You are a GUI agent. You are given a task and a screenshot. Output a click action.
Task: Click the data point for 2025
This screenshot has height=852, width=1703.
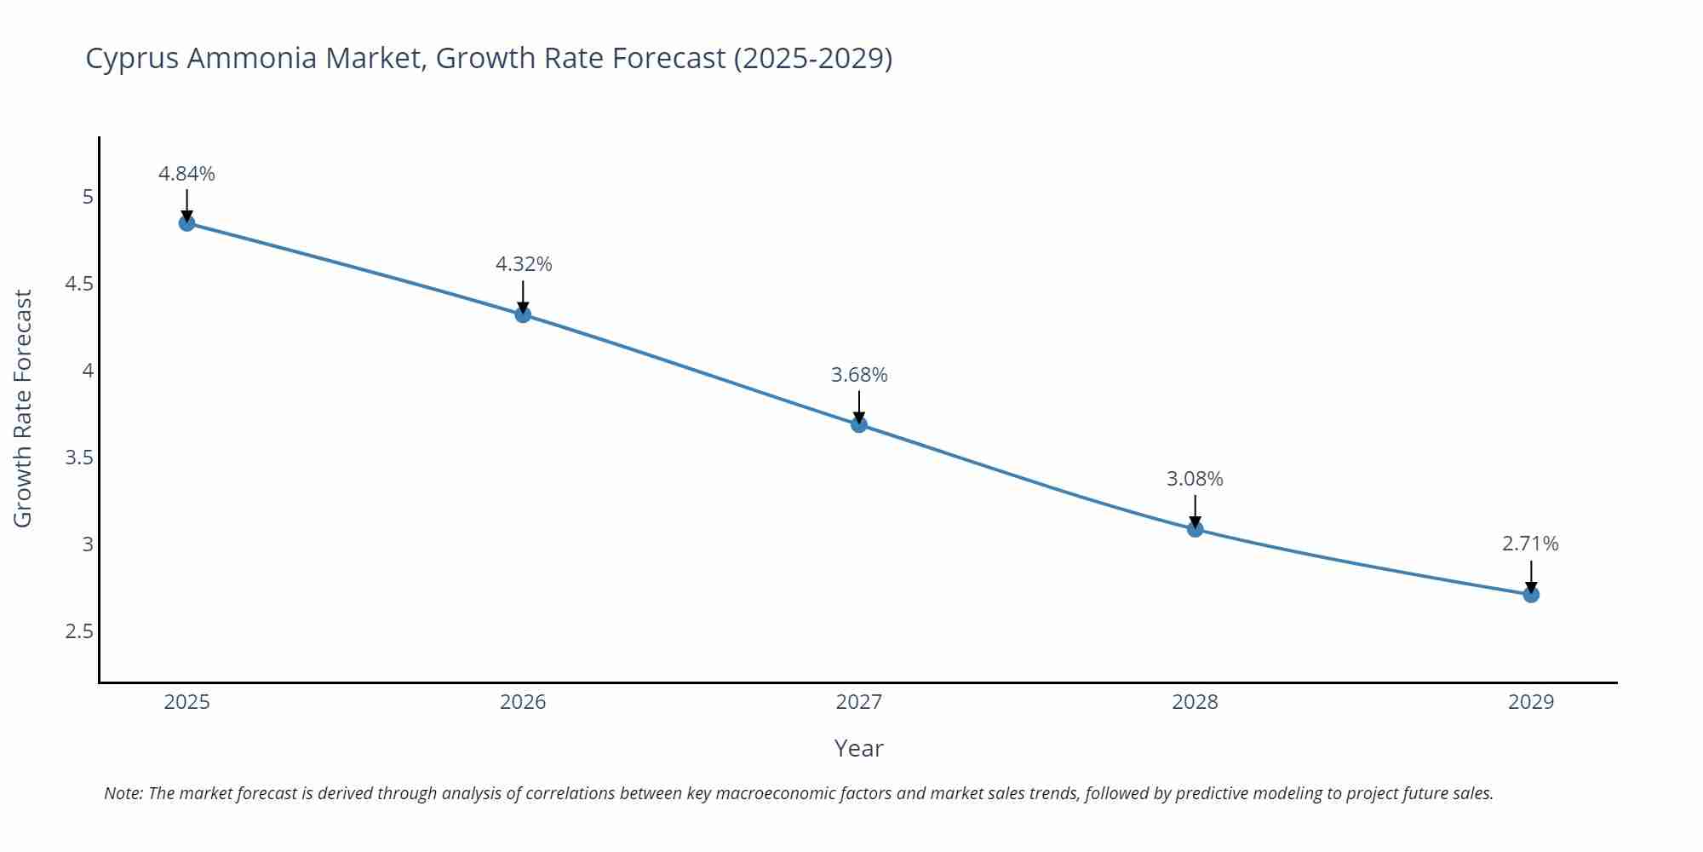coord(186,223)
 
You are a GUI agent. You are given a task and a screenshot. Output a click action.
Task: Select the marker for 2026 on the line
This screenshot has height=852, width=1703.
coord(523,314)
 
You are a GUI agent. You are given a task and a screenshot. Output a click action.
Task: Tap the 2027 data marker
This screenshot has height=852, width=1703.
coord(859,424)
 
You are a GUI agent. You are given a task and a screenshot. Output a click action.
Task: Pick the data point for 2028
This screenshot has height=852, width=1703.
coord(1195,529)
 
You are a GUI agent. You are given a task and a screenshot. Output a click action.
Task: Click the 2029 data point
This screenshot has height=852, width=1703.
coord(1531,595)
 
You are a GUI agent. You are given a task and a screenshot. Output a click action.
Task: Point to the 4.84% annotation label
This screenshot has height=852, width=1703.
coord(186,174)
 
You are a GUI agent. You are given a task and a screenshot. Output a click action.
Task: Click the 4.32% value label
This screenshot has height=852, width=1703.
coord(524,264)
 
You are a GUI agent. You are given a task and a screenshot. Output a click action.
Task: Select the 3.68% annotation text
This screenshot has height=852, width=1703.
coord(859,375)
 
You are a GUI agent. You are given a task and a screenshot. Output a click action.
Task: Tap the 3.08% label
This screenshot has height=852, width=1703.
coord(1195,479)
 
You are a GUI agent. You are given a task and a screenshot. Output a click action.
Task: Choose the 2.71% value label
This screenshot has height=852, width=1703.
coord(1530,544)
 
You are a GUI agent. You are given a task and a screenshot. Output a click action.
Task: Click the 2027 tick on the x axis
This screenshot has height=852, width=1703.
coord(859,702)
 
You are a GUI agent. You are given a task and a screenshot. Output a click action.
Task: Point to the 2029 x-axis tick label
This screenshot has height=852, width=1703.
coord(1531,702)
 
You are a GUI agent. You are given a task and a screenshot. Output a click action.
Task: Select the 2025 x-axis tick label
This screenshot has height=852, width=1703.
coord(186,702)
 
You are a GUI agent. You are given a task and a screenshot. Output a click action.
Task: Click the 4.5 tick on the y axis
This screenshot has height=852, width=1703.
coord(79,284)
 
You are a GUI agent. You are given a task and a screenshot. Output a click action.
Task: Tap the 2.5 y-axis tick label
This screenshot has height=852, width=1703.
coord(79,631)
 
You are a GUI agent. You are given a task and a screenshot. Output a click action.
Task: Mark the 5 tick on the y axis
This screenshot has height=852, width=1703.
coord(88,197)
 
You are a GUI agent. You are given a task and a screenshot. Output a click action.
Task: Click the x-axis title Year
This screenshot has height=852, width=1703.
coord(858,748)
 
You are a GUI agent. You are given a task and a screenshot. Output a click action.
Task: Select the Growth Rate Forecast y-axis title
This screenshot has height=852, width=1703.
coord(23,408)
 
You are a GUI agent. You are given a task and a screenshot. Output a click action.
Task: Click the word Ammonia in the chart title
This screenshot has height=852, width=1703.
coord(252,58)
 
